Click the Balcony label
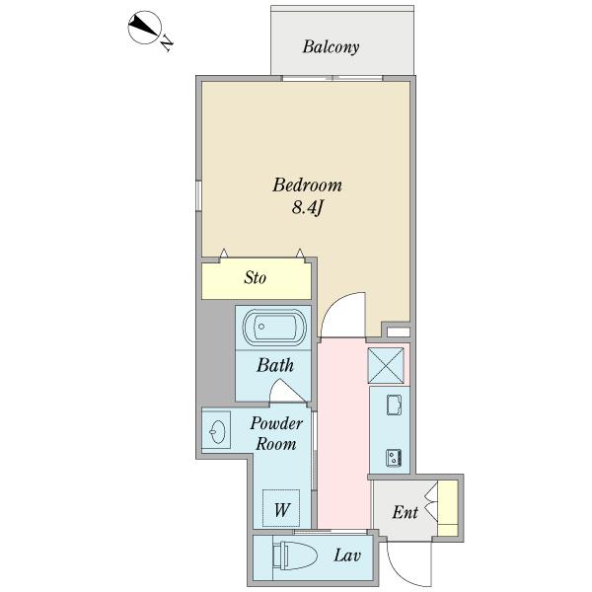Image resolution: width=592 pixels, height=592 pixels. [331, 47]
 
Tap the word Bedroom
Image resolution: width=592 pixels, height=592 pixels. [307, 185]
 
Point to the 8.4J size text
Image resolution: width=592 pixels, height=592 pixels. [308, 207]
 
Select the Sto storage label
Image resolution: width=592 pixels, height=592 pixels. [256, 278]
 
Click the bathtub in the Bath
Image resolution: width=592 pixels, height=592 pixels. [274, 327]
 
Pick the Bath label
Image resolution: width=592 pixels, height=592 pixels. [275, 365]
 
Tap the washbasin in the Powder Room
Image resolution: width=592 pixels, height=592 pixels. [218, 431]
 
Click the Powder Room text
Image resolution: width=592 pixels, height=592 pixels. [276, 434]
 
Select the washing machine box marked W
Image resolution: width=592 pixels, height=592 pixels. [281, 508]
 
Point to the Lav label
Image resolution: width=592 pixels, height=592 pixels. [347, 555]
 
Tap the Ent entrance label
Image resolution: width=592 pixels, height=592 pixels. [406, 512]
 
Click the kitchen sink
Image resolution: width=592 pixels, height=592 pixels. [394, 405]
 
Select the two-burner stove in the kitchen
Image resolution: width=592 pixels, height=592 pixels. [394, 458]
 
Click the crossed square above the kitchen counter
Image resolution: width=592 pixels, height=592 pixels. [386, 365]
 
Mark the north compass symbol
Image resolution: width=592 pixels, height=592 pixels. [145, 28]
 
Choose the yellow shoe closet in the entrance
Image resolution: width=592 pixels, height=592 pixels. [448, 508]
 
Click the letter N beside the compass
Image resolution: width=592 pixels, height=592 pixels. [167, 43]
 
